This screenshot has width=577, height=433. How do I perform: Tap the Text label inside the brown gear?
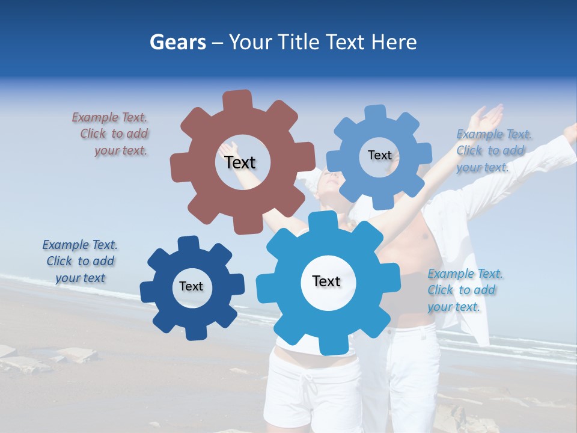[x=240, y=162]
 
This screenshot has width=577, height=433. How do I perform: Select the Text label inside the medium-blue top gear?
[x=379, y=155]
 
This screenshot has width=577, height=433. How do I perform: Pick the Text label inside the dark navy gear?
[x=191, y=286]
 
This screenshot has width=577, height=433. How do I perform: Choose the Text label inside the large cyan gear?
[x=326, y=281]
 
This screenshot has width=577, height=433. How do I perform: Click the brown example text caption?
[x=111, y=134]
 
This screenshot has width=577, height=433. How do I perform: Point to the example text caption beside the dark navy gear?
[x=80, y=261]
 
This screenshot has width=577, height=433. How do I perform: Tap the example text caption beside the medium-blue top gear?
[x=493, y=150]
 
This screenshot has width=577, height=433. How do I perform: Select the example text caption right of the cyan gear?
[x=465, y=290]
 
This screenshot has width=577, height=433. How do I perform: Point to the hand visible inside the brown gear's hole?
[x=229, y=148]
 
